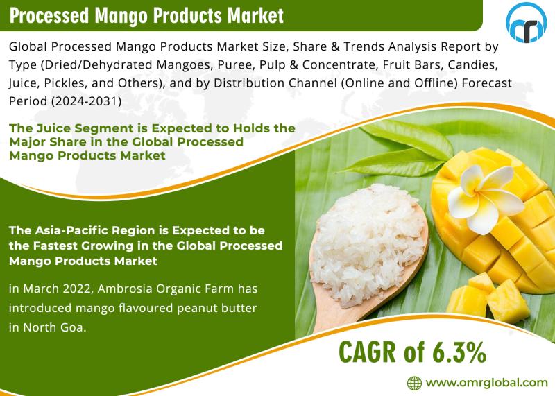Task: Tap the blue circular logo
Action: [526, 23]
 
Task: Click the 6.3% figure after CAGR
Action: [459, 352]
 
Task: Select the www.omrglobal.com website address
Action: [487, 383]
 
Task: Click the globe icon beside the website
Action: [414, 383]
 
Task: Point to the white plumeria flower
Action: [485, 198]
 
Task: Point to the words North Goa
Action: [55, 327]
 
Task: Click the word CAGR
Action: [367, 352]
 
